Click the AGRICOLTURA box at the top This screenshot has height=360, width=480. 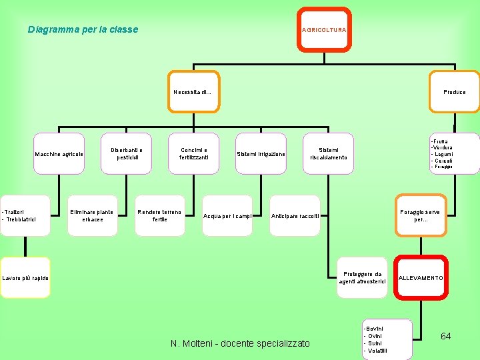tap(324, 30)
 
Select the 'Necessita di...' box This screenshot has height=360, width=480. tap(193, 92)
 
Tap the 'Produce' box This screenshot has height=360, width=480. tap(455, 92)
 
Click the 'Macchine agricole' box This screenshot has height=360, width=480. tap(59, 154)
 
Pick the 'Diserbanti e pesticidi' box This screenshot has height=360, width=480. tap(127, 154)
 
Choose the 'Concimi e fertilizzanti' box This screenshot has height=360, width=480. tap(194, 154)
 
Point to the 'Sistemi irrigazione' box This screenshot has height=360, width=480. tap(261, 154)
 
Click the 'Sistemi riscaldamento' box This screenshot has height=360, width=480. tap(329, 154)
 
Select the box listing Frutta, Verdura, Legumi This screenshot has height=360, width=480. tap(453, 154)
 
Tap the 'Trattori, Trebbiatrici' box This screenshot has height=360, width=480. tap(25, 215)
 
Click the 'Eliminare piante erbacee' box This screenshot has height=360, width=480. tap(93, 215)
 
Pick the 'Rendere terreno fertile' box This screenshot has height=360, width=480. tap(160, 215)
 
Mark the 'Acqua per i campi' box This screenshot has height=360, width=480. tap(227, 215)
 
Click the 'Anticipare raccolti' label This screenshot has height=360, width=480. tap(295, 216)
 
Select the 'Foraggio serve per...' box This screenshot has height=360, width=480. tap(420, 215)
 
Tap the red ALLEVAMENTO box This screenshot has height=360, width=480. tap(420, 277)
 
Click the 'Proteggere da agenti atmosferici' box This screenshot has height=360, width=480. tap(362, 277)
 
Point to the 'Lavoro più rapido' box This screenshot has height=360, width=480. tap(25, 277)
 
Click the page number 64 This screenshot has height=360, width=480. tap(446, 336)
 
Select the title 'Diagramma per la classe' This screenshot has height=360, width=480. tap(83, 29)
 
